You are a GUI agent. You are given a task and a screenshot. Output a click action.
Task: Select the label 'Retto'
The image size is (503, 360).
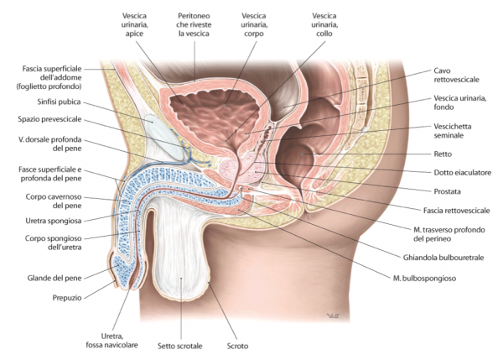445,155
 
